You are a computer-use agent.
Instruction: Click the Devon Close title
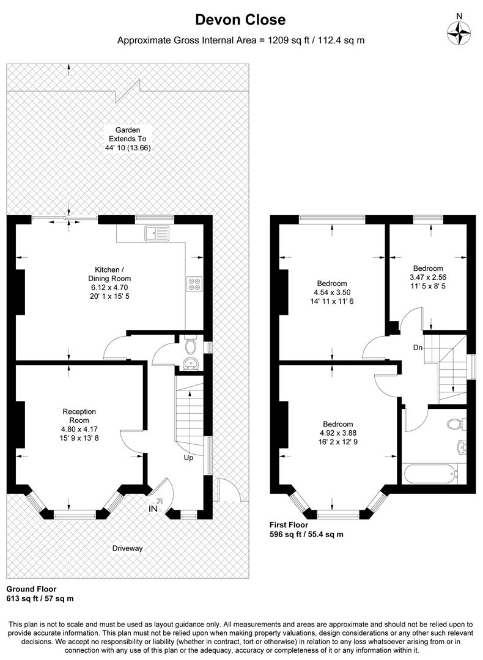pyautogui.click(x=240, y=20)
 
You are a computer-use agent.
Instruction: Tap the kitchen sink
pyautogui.click(x=157, y=233)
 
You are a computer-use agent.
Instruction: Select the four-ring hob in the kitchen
pyautogui.click(x=194, y=284)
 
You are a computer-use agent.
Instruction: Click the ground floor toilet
pyautogui.click(x=190, y=346)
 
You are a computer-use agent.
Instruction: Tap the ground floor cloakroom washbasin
pyautogui.click(x=191, y=364)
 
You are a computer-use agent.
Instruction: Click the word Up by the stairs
pyautogui.click(x=188, y=458)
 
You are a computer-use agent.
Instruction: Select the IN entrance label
pyautogui.click(x=153, y=509)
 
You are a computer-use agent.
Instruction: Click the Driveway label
pyautogui.click(x=127, y=548)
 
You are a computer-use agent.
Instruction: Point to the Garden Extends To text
pyautogui.click(x=128, y=134)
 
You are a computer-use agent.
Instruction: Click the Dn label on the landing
pyautogui.click(x=418, y=348)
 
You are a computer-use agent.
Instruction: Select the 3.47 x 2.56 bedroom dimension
pyautogui.click(x=428, y=277)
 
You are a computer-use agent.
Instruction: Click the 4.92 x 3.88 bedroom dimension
pyautogui.click(x=338, y=433)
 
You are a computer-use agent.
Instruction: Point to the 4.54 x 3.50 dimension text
pyautogui.click(x=332, y=293)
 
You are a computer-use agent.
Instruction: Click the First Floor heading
pyautogui.click(x=289, y=525)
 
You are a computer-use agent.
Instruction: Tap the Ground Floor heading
pyautogui.click(x=32, y=589)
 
